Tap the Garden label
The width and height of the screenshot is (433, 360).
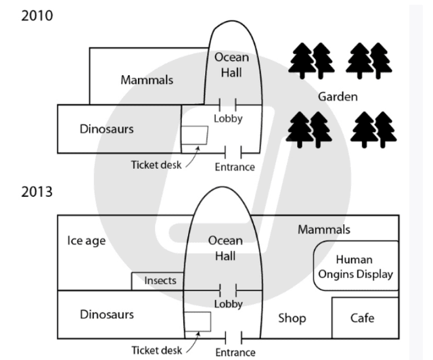pos(338,97)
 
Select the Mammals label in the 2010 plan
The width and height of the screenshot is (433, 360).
pos(147,80)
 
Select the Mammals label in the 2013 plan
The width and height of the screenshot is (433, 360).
pos(324,230)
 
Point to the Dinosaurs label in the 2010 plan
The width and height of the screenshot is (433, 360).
pos(106,129)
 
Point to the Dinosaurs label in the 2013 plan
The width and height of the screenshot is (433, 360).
pos(106,314)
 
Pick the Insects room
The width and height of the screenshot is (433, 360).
pos(160,280)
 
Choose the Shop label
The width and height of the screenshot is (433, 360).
pos(292,317)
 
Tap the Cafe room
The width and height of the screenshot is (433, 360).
pos(362,317)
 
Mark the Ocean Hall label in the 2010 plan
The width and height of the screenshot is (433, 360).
pos(231,65)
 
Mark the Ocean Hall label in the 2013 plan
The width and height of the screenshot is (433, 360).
pos(225,247)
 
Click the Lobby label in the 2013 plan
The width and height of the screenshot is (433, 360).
pos(228,304)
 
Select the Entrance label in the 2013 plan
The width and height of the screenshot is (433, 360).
pos(235,352)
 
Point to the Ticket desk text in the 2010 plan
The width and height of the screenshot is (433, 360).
pos(156,164)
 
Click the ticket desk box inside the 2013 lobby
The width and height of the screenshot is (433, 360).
pos(197,322)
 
